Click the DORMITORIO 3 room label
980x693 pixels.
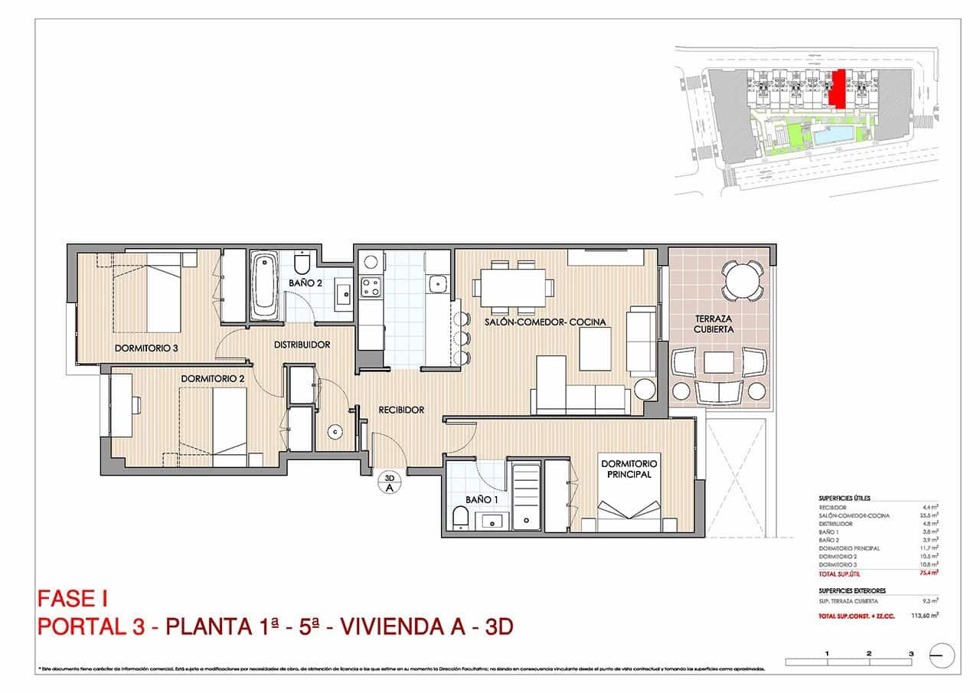click(x=146, y=348)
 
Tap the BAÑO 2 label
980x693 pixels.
click(x=305, y=283)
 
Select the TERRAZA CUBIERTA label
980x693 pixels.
click(x=714, y=323)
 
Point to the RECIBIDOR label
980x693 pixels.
click(x=401, y=410)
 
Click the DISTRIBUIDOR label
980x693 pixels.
click(x=302, y=345)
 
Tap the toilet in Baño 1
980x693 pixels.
click(x=460, y=520)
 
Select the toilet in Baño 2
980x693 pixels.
click(x=302, y=263)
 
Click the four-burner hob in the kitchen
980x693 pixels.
click(x=371, y=287)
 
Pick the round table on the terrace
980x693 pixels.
click(x=742, y=280)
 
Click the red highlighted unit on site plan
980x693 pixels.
click(x=840, y=88)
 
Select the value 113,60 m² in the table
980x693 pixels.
click(x=925, y=615)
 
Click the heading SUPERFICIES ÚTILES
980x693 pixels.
click(x=844, y=498)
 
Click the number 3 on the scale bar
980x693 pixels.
click(x=910, y=653)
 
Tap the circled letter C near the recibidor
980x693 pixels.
click(x=335, y=432)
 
